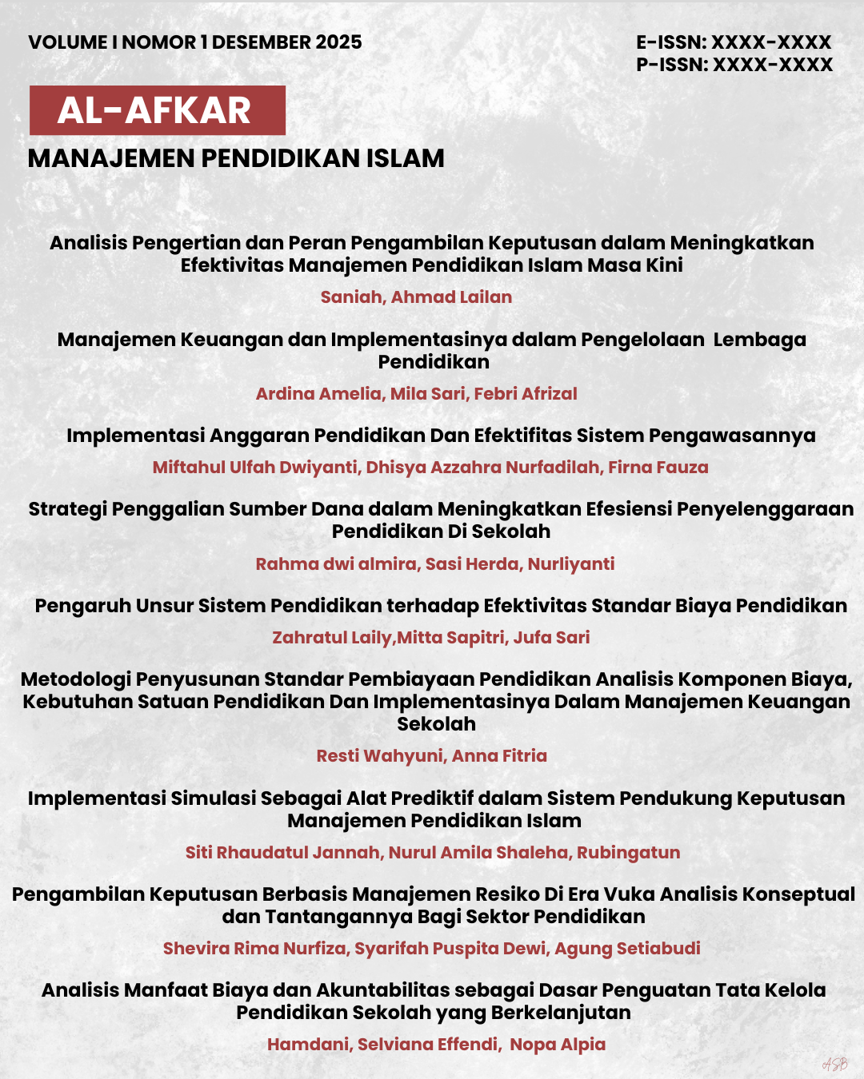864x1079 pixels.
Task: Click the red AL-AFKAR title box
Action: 157,110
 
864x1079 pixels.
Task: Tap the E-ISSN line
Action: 734,42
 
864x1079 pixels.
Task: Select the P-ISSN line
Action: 734,65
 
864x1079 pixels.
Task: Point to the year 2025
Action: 338,42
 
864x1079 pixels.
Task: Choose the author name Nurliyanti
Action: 571,564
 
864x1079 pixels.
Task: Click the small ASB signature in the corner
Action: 834,1064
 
